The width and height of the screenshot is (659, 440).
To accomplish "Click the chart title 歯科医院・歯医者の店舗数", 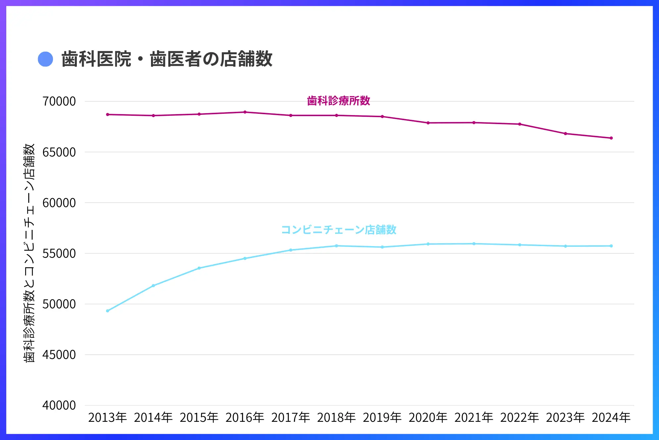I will (x=167, y=59).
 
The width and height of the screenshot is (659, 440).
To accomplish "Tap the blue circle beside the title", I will (x=45, y=59).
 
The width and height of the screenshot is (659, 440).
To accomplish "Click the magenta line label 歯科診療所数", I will (x=338, y=101).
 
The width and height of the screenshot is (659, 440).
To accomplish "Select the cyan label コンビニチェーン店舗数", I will (x=338, y=230).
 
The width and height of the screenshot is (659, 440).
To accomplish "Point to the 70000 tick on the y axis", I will (x=59, y=102).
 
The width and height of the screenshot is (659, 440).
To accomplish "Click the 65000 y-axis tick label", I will (x=59, y=152).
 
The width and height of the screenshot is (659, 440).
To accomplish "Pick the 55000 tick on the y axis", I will (x=59, y=253).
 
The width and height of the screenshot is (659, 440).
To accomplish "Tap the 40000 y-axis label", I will (x=59, y=405).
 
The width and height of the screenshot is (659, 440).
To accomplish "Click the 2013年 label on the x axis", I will (x=108, y=418).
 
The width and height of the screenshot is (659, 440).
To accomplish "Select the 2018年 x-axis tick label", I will (x=336, y=418).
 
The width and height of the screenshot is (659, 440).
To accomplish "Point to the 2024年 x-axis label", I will (x=611, y=418).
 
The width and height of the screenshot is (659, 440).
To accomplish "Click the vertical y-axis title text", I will (x=29, y=253).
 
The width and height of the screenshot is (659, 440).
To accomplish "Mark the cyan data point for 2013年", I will (x=108, y=311).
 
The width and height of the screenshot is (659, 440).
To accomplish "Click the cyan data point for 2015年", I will (x=199, y=268).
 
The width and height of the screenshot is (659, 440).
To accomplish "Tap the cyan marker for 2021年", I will (x=474, y=244).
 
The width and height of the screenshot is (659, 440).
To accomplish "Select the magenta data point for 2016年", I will (x=245, y=112).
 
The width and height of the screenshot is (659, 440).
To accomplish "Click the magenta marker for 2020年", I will (x=428, y=123).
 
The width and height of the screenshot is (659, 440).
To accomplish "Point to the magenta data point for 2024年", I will (x=611, y=138).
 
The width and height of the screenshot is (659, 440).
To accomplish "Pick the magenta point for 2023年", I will (x=565, y=134).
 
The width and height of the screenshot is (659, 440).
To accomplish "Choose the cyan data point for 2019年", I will (x=382, y=247).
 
